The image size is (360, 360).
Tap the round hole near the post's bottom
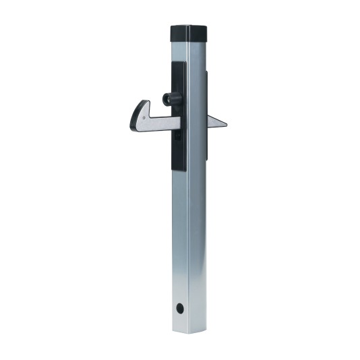pos(180,307)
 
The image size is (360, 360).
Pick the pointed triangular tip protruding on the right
pos(216,123)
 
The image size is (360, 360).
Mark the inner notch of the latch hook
pos(153,113)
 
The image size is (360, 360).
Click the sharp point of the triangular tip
pos(227,125)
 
